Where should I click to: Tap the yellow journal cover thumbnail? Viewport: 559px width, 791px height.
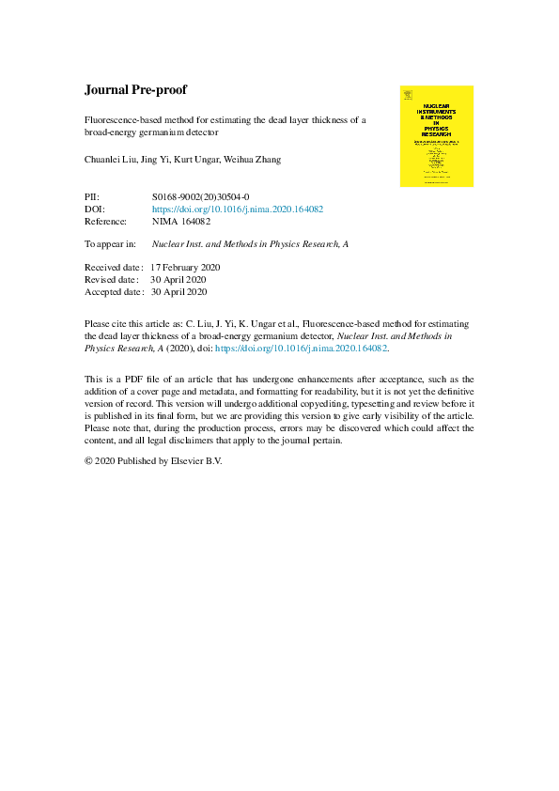(x=436, y=136)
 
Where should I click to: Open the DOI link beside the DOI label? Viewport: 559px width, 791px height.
(x=237, y=209)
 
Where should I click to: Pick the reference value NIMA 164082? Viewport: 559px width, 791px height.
(x=181, y=222)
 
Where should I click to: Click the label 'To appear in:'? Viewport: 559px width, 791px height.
(x=110, y=243)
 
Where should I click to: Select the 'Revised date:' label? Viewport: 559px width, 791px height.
(x=111, y=279)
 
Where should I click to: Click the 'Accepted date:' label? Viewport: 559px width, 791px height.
(x=114, y=291)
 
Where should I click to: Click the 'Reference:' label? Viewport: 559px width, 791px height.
(x=105, y=222)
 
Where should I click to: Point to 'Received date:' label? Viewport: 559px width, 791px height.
(x=113, y=268)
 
